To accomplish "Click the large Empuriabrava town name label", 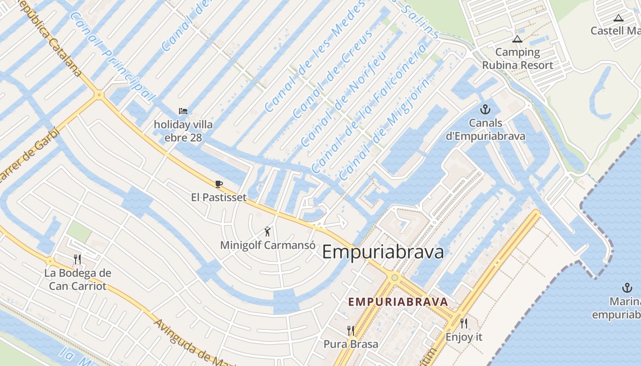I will pos(383,252).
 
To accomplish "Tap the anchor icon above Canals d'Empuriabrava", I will pos(485,109).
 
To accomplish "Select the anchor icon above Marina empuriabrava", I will pos(627,288).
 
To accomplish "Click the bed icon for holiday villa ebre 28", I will pos(183,111).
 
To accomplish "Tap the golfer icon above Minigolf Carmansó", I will pos(268,231).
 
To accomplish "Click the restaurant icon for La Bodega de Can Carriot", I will pos(77,259).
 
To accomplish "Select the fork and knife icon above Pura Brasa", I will pos(351,330).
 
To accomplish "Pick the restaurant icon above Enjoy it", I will pos(464,323).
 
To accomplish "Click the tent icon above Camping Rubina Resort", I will pos(517,39).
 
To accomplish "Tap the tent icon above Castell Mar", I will pos(619,18).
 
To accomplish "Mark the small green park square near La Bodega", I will pos(79,231).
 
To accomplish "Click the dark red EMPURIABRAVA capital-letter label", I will pos(398,302).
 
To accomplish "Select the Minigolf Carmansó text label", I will pos(268,245).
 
